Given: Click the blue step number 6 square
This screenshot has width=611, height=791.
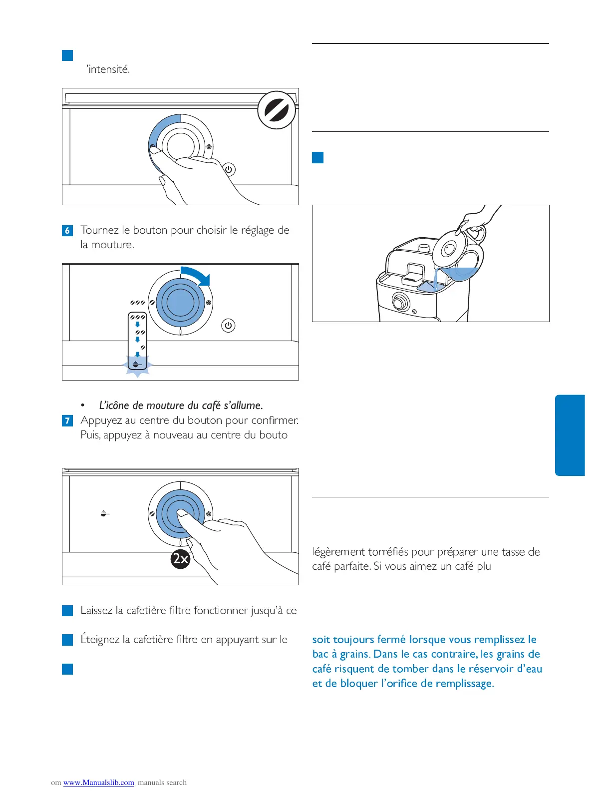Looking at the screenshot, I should pyautogui.click(x=67, y=231).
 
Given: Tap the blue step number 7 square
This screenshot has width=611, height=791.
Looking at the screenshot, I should pyautogui.click(x=67, y=420).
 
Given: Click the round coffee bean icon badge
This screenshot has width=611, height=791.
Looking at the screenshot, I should pyautogui.click(x=277, y=110).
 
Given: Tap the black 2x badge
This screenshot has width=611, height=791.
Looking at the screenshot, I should pyautogui.click(x=181, y=558).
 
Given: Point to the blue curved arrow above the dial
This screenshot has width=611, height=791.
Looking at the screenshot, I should pyautogui.click(x=197, y=275).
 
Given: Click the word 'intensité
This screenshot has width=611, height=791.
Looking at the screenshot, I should pyautogui.click(x=108, y=69).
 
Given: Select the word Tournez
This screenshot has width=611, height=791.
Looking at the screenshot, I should pyautogui.click(x=99, y=230).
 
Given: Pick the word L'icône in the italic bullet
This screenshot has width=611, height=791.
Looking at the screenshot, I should pyautogui.click(x=114, y=405).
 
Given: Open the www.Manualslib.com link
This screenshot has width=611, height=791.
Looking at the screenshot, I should pyautogui.click(x=99, y=783).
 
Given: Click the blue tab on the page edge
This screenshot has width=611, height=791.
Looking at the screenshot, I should pyautogui.click(x=570, y=435).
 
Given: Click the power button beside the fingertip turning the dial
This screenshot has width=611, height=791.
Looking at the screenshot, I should pyautogui.click(x=229, y=169).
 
